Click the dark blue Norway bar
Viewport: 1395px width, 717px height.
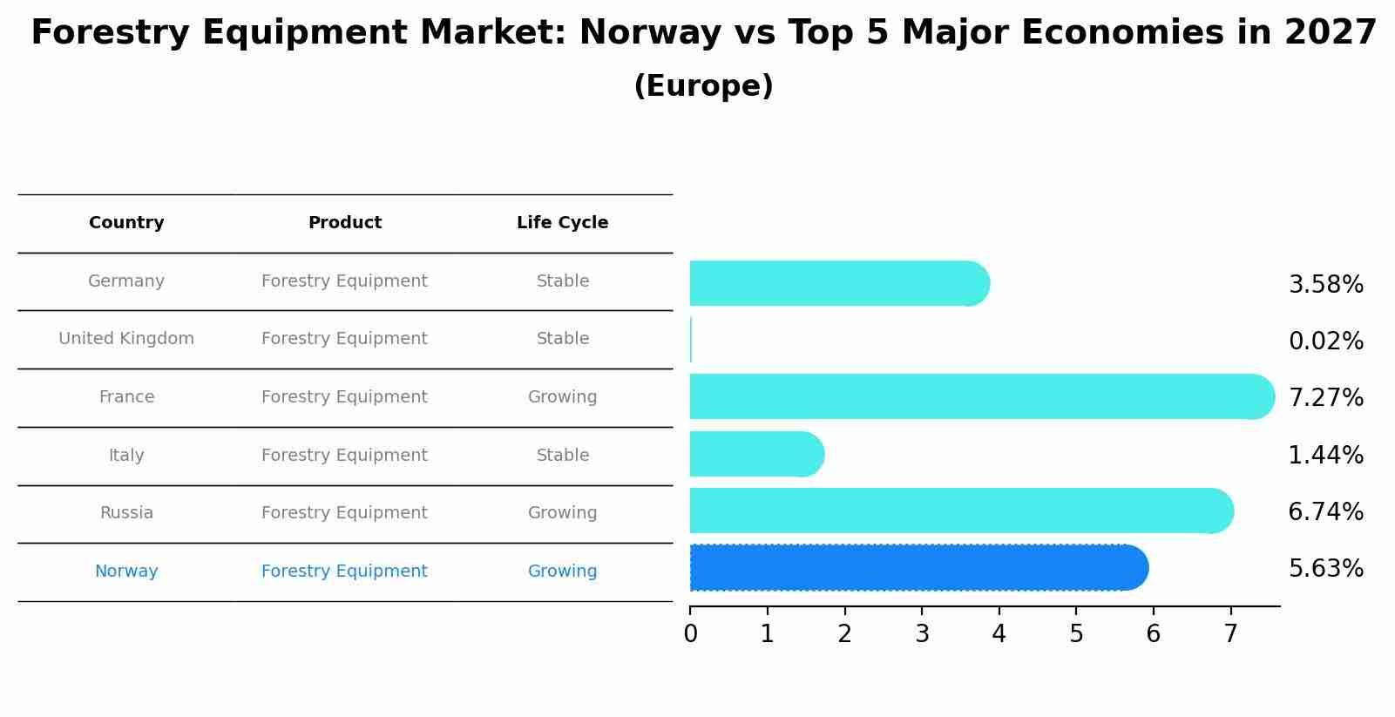tap(918, 568)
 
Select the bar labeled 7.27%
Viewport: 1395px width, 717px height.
tap(981, 396)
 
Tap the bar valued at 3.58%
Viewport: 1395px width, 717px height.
tap(839, 283)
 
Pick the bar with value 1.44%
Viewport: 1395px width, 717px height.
tap(756, 454)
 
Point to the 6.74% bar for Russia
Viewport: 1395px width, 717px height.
tap(961, 511)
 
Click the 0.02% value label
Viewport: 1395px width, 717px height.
tap(1325, 342)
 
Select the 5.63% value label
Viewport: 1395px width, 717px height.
tap(1325, 569)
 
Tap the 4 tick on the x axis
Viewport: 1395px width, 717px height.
tap(999, 634)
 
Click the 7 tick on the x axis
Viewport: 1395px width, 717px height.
tap(1230, 634)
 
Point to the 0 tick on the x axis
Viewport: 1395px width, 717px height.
tap(690, 634)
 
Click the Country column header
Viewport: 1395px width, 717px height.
tap(126, 223)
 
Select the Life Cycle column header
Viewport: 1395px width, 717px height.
tap(562, 223)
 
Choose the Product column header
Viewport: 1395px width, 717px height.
tap(344, 223)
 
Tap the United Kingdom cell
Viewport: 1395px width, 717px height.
tap(126, 339)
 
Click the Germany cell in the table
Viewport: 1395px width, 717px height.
tap(126, 281)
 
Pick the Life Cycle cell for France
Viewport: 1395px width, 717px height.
tap(562, 397)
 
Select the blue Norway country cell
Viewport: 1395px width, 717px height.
tap(126, 572)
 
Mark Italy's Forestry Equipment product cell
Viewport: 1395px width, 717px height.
tap(344, 456)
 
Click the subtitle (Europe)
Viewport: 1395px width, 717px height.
tap(703, 86)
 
